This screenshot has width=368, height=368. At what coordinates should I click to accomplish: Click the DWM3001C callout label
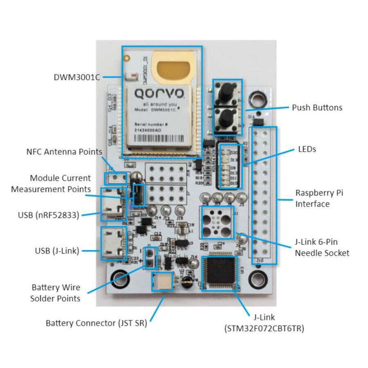click(77, 76)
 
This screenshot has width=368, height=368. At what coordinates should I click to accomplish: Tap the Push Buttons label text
click(317, 108)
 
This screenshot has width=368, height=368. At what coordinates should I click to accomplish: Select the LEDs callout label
click(307, 150)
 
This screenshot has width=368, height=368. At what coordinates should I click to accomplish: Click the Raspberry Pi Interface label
click(319, 198)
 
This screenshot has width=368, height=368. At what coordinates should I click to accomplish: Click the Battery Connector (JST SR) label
click(96, 323)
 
